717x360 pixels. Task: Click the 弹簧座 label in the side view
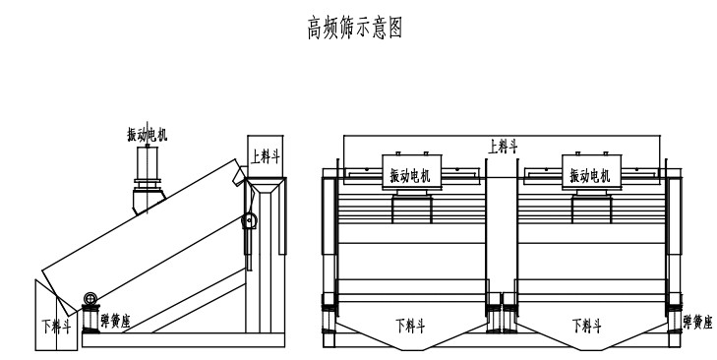117,320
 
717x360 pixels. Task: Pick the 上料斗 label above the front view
504,146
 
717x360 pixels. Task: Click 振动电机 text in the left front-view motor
410,175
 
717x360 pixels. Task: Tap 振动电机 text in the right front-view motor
590,175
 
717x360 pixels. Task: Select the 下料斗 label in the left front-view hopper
410,324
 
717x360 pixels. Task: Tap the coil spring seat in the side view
91,320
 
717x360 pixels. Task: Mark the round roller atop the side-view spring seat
91,300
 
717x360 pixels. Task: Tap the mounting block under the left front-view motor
411,209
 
